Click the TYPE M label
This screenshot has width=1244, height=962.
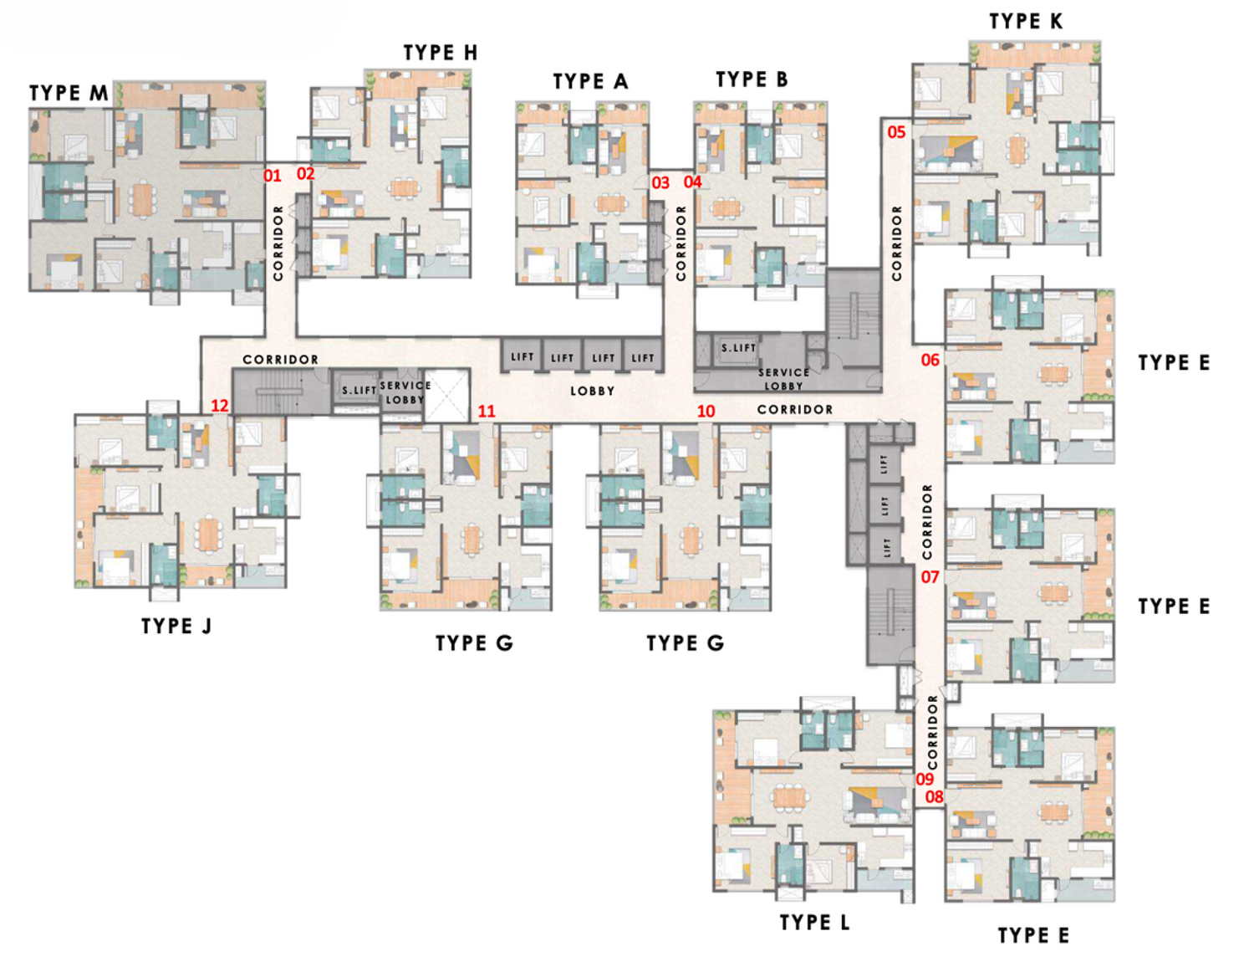(x=69, y=93)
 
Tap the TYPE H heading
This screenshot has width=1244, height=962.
(x=440, y=53)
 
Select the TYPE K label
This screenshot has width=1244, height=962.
(x=1026, y=22)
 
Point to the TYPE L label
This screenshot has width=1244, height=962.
(x=814, y=923)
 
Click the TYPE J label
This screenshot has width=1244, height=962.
(x=176, y=626)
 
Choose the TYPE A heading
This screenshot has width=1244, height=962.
(x=589, y=81)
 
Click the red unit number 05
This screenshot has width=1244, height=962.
(x=896, y=132)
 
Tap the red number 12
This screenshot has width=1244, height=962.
(x=219, y=406)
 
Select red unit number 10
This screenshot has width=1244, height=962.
(x=706, y=411)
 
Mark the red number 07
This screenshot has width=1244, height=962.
(x=930, y=577)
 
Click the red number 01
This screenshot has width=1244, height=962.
(x=273, y=176)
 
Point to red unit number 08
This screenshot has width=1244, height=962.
(x=934, y=797)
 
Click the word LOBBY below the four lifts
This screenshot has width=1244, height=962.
(x=592, y=391)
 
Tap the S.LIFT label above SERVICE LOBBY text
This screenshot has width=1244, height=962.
(x=738, y=347)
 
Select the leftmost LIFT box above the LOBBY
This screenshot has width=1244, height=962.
(x=522, y=357)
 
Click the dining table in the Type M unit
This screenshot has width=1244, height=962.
(x=143, y=199)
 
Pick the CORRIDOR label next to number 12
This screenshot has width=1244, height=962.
(x=280, y=360)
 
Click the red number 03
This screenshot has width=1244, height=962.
(x=660, y=182)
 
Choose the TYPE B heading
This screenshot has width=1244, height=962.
(x=752, y=79)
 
